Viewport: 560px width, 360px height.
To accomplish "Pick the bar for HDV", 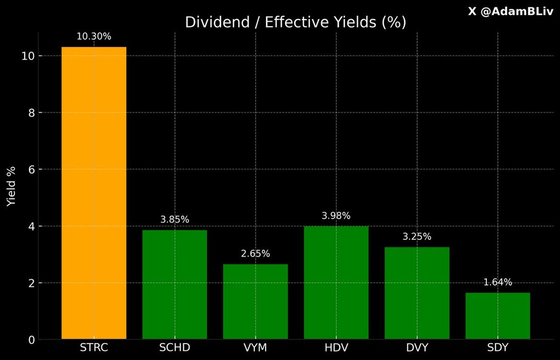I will [x=336, y=282].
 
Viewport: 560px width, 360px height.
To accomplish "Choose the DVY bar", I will [x=417, y=293].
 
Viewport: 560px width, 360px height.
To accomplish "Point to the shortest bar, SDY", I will [x=498, y=316].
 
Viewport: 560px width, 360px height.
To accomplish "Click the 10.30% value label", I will [x=94, y=37].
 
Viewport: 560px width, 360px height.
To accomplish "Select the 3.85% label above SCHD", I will [x=174, y=220].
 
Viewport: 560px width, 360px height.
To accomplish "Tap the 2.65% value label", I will [x=255, y=254].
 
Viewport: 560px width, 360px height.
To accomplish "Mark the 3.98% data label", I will [x=336, y=216].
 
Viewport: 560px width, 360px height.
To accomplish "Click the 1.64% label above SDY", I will [x=498, y=282].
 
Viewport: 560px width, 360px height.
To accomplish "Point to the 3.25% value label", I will [x=417, y=237].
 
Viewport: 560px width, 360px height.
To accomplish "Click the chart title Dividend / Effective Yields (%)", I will [x=295, y=23].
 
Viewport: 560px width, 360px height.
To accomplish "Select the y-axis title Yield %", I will [x=11, y=186].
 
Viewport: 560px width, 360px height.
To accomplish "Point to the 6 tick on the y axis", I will [x=31, y=170].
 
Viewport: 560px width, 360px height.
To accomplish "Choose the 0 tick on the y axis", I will [x=31, y=340].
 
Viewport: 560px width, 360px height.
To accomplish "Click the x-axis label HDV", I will [x=336, y=348].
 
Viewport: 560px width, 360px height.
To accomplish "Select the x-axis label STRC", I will [x=94, y=348].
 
